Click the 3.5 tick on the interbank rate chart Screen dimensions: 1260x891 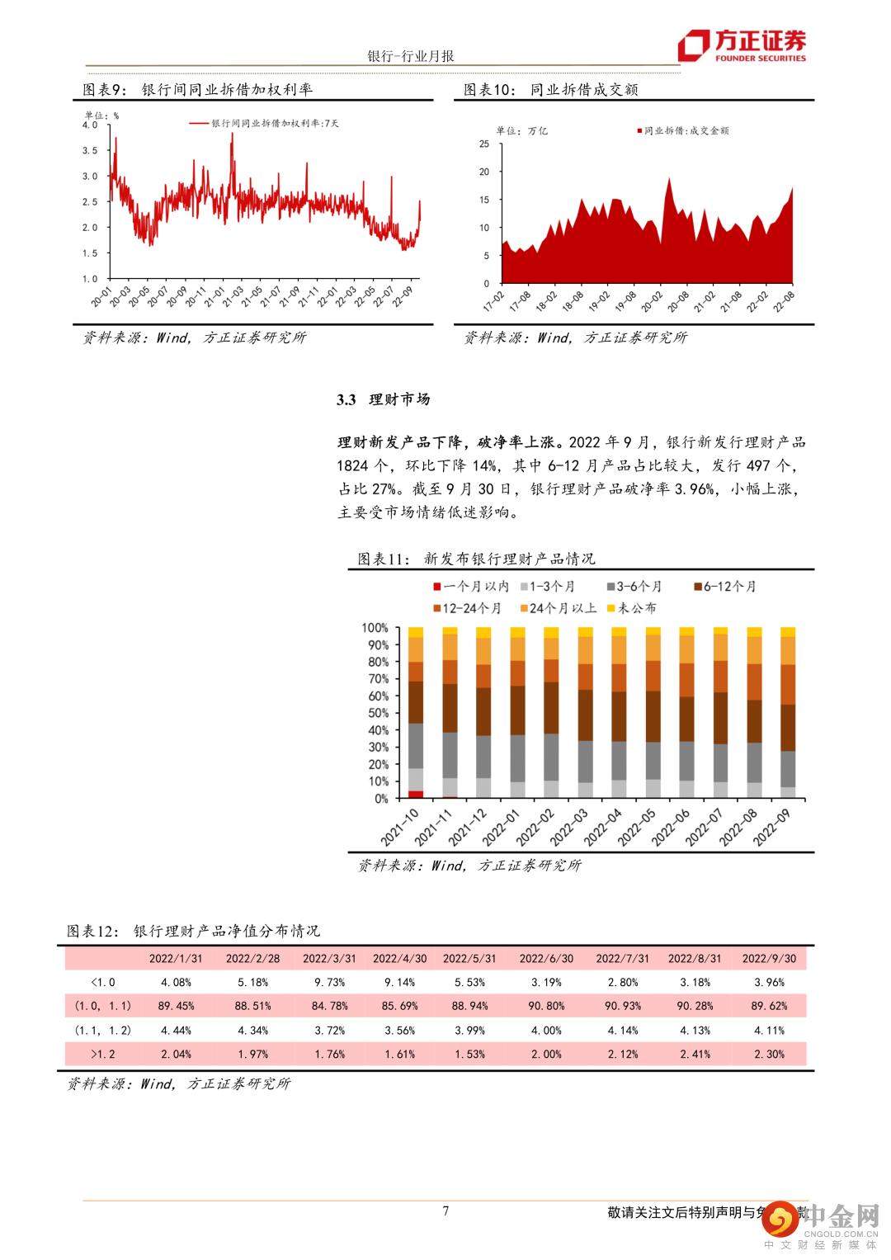point(90,151)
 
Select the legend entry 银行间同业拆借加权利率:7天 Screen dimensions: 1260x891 point(265,124)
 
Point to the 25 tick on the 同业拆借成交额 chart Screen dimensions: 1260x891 point(484,144)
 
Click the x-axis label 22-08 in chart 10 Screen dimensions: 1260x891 point(783,301)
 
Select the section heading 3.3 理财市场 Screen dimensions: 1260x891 point(384,400)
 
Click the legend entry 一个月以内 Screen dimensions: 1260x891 point(471,587)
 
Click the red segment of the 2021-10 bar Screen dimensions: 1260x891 point(416,795)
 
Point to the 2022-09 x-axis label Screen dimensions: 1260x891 point(772,826)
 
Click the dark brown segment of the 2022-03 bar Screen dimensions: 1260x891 point(585,715)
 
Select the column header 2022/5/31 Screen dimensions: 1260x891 point(469,959)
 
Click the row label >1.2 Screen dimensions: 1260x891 point(103,1055)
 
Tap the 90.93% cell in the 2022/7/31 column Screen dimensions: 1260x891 point(623,1007)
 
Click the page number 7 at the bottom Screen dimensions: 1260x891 point(445,1211)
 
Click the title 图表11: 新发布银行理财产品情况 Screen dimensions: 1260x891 point(476,559)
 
